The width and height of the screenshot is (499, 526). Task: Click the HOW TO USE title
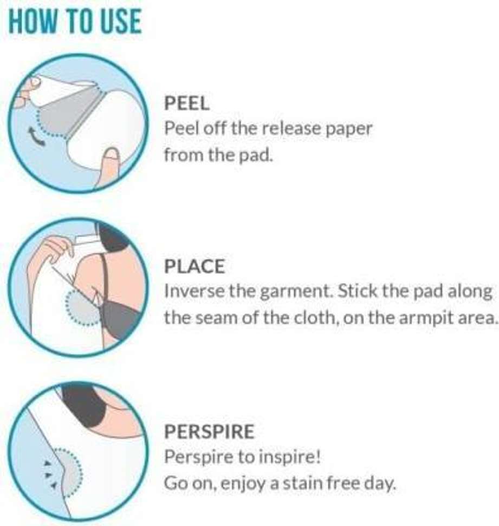(75, 22)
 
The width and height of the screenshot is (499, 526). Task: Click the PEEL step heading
(186, 103)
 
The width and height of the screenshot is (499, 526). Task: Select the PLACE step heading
(194, 267)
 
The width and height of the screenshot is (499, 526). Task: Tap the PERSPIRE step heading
(209, 431)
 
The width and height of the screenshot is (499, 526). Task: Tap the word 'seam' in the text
(217, 318)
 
